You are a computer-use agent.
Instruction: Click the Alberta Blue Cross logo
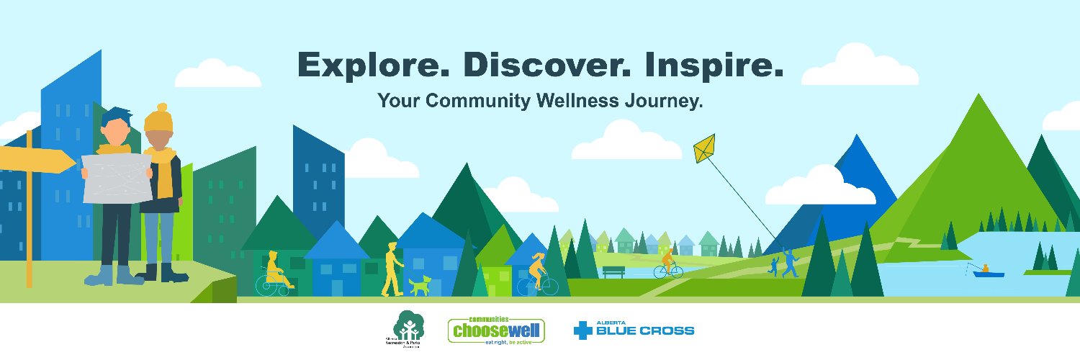click(x=634, y=330)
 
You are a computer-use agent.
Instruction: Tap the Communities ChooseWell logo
click(x=496, y=330)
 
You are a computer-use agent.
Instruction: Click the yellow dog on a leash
click(x=420, y=285)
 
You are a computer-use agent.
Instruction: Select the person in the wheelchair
click(x=274, y=274)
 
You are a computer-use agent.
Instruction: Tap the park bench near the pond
click(x=613, y=272)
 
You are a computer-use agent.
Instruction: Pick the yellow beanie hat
click(x=158, y=118)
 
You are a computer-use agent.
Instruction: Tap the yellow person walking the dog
click(x=392, y=268)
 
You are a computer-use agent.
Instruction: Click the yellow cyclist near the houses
click(x=536, y=272)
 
